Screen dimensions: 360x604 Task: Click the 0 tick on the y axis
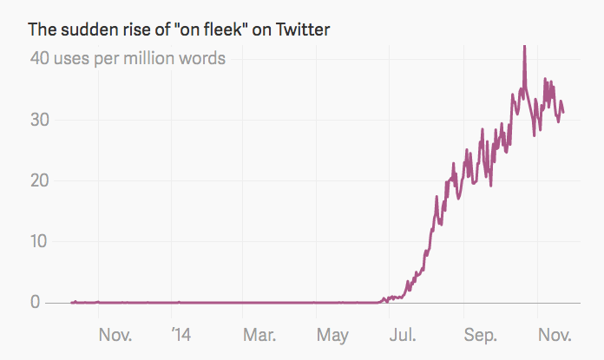point(36,302)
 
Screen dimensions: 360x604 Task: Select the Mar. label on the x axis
point(259,335)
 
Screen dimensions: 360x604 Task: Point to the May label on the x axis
point(333,335)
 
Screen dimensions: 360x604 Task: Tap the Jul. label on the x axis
point(402,335)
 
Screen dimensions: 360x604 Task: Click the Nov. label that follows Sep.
point(554,335)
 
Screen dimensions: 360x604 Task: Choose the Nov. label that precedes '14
point(114,335)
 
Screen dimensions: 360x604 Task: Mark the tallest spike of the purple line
point(524,48)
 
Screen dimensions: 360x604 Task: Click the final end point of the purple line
point(563,113)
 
